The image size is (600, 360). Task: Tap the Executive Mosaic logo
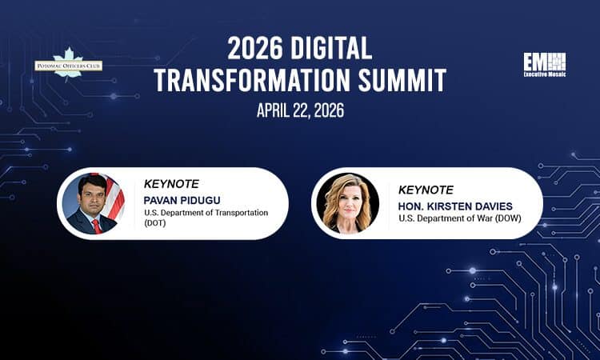pos(544,65)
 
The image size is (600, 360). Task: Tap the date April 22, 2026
pos(300,110)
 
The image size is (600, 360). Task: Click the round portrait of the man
pos(92,202)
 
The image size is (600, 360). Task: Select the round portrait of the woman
pos(348,202)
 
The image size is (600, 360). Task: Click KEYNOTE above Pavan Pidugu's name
pos(172,183)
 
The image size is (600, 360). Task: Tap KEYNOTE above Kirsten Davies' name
pos(426,190)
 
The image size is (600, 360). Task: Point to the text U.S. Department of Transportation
pos(207,213)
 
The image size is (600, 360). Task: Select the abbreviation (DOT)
pos(157,225)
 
